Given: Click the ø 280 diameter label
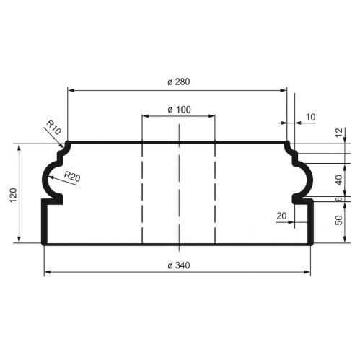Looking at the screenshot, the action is click(179, 82).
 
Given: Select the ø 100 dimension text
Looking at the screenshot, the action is click(179, 110).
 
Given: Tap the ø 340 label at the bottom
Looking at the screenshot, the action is click(179, 265).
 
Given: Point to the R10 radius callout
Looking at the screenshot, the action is click(53, 127).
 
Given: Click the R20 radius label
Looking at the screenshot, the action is click(72, 176).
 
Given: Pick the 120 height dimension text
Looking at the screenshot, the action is click(14, 195).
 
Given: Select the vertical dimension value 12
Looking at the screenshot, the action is click(338, 133).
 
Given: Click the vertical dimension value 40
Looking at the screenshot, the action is click(338, 180).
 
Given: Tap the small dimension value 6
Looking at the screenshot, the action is click(338, 199).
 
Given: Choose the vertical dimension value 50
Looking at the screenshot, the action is click(338, 220).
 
